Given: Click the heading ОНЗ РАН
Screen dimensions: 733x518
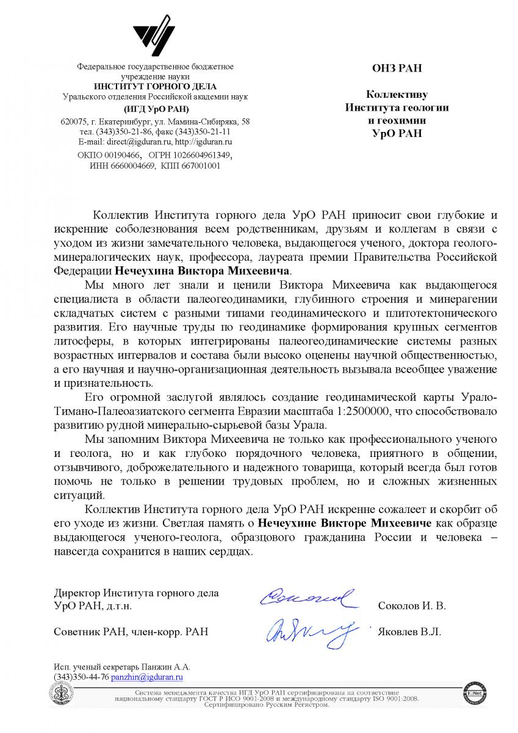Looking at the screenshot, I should [397, 68].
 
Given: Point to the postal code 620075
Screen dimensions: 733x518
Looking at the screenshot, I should [74, 121].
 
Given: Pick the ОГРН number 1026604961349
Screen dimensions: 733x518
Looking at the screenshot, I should [204, 156].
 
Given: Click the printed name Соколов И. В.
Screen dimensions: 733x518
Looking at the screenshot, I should [412, 607].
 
